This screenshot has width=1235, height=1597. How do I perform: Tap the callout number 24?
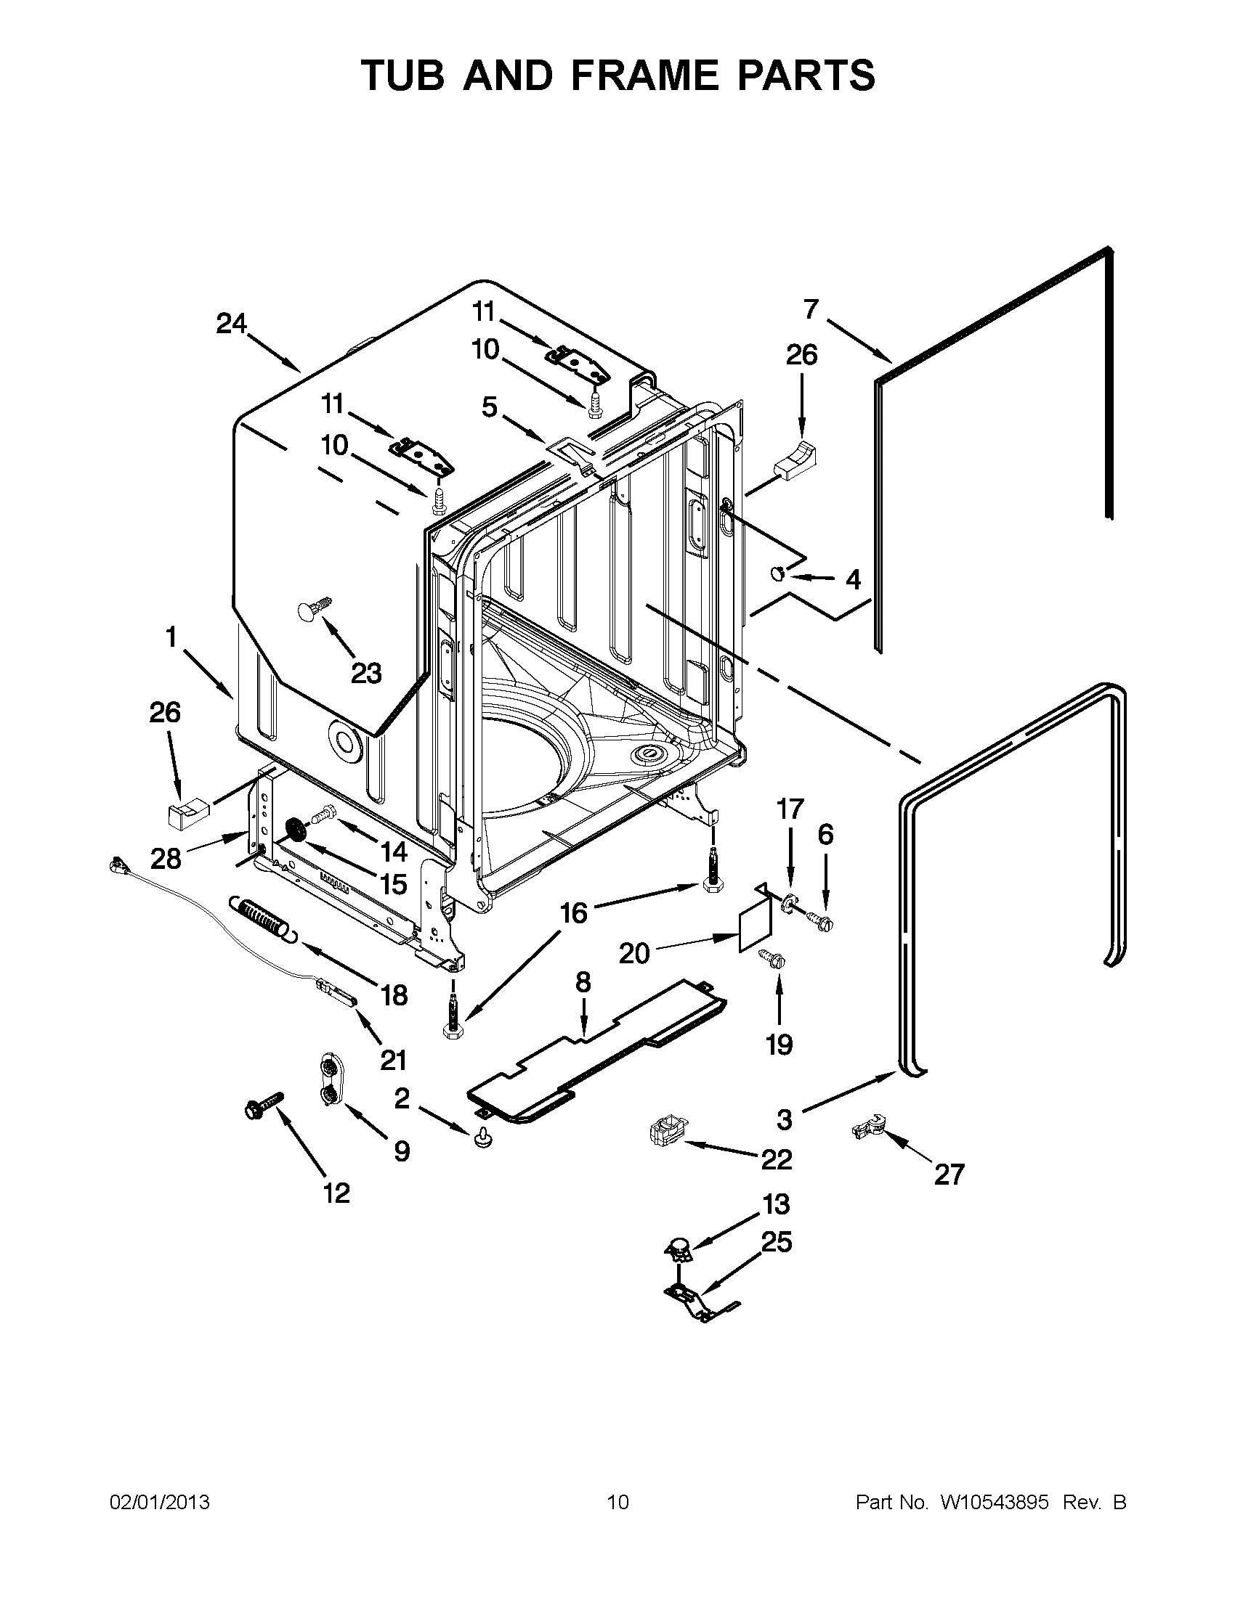pyautogui.click(x=231, y=323)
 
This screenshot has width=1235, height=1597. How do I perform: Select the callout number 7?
pyautogui.click(x=810, y=309)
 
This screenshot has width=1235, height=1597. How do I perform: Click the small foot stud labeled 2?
pyautogui.click(x=481, y=1137)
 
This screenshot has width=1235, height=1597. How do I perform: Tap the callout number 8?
pyautogui.click(x=583, y=982)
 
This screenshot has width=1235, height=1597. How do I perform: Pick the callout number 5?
pyautogui.click(x=490, y=407)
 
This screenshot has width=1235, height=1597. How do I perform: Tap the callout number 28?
pyautogui.click(x=166, y=859)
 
